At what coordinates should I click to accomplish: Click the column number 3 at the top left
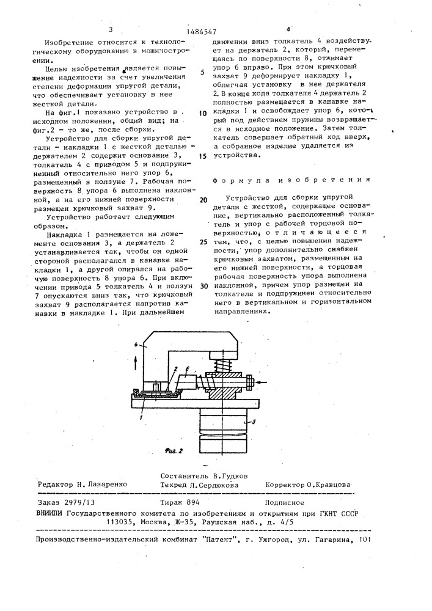pyautogui.click(x=111, y=29)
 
